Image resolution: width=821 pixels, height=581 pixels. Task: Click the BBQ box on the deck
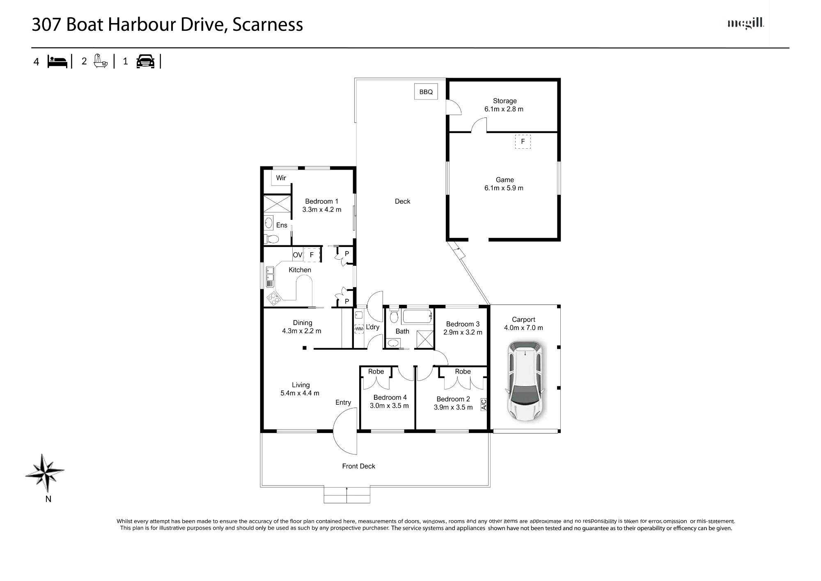point(426,92)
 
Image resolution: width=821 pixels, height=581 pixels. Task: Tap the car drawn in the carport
point(525,380)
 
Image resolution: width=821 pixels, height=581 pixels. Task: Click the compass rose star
point(45,473)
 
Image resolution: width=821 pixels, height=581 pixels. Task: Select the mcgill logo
point(745,23)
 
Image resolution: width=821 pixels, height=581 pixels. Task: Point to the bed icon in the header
point(57,62)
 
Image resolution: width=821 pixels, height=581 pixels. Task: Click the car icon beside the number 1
point(145,62)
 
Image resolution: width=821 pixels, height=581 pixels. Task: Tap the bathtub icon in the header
point(101,61)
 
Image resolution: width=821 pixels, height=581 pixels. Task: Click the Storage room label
point(505,101)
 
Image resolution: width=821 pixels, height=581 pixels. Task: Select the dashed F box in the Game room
point(523,141)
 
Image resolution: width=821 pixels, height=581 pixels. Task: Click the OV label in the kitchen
point(297,255)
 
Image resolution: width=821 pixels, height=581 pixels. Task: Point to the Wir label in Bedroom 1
point(281,178)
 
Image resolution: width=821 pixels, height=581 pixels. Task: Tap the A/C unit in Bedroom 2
point(483,405)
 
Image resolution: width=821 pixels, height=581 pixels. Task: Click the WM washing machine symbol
point(359,329)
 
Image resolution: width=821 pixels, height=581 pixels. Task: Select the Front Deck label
point(358,466)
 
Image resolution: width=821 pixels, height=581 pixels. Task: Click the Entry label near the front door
point(343,402)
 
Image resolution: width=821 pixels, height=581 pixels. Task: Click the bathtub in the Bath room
point(417,317)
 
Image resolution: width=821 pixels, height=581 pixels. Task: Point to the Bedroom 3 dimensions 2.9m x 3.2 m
point(463,332)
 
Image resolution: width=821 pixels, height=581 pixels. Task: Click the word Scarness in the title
point(268,25)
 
